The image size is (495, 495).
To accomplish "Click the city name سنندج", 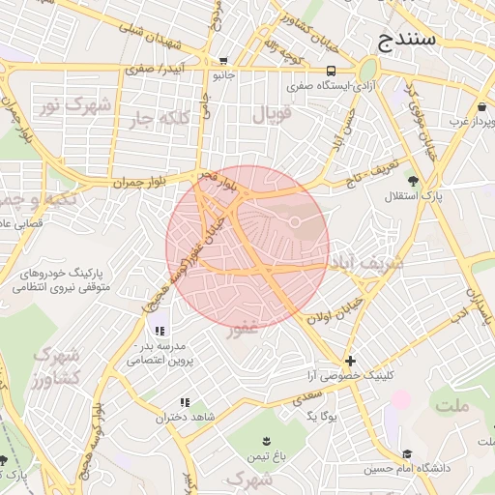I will pyautogui.click(x=406, y=41).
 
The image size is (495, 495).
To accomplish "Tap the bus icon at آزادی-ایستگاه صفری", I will pyautogui.click(x=332, y=71).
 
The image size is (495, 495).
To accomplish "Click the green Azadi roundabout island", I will pyautogui.click(x=367, y=71).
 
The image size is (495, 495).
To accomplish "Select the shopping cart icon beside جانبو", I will pyautogui.click(x=223, y=60).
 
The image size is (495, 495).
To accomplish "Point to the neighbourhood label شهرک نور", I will pyautogui.click(x=62, y=105).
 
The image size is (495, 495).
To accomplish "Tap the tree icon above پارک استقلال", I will pyautogui.click(x=413, y=181).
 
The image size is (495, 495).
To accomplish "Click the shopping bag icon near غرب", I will pyautogui.click(x=481, y=106).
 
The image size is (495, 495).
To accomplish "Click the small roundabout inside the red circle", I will pyautogui.click(x=295, y=224).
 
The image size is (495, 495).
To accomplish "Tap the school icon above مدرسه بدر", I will pyautogui.click(x=159, y=331).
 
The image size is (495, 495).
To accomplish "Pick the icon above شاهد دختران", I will pyautogui.click(x=183, y=402).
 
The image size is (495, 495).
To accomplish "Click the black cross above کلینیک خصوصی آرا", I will pyautogui.click(x=350, y=361).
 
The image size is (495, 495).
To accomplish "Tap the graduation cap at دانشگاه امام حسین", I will pyautogui.click(x=408, y=453).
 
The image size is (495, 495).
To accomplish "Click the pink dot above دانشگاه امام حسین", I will pyautogui.click(x=400, y=398).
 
